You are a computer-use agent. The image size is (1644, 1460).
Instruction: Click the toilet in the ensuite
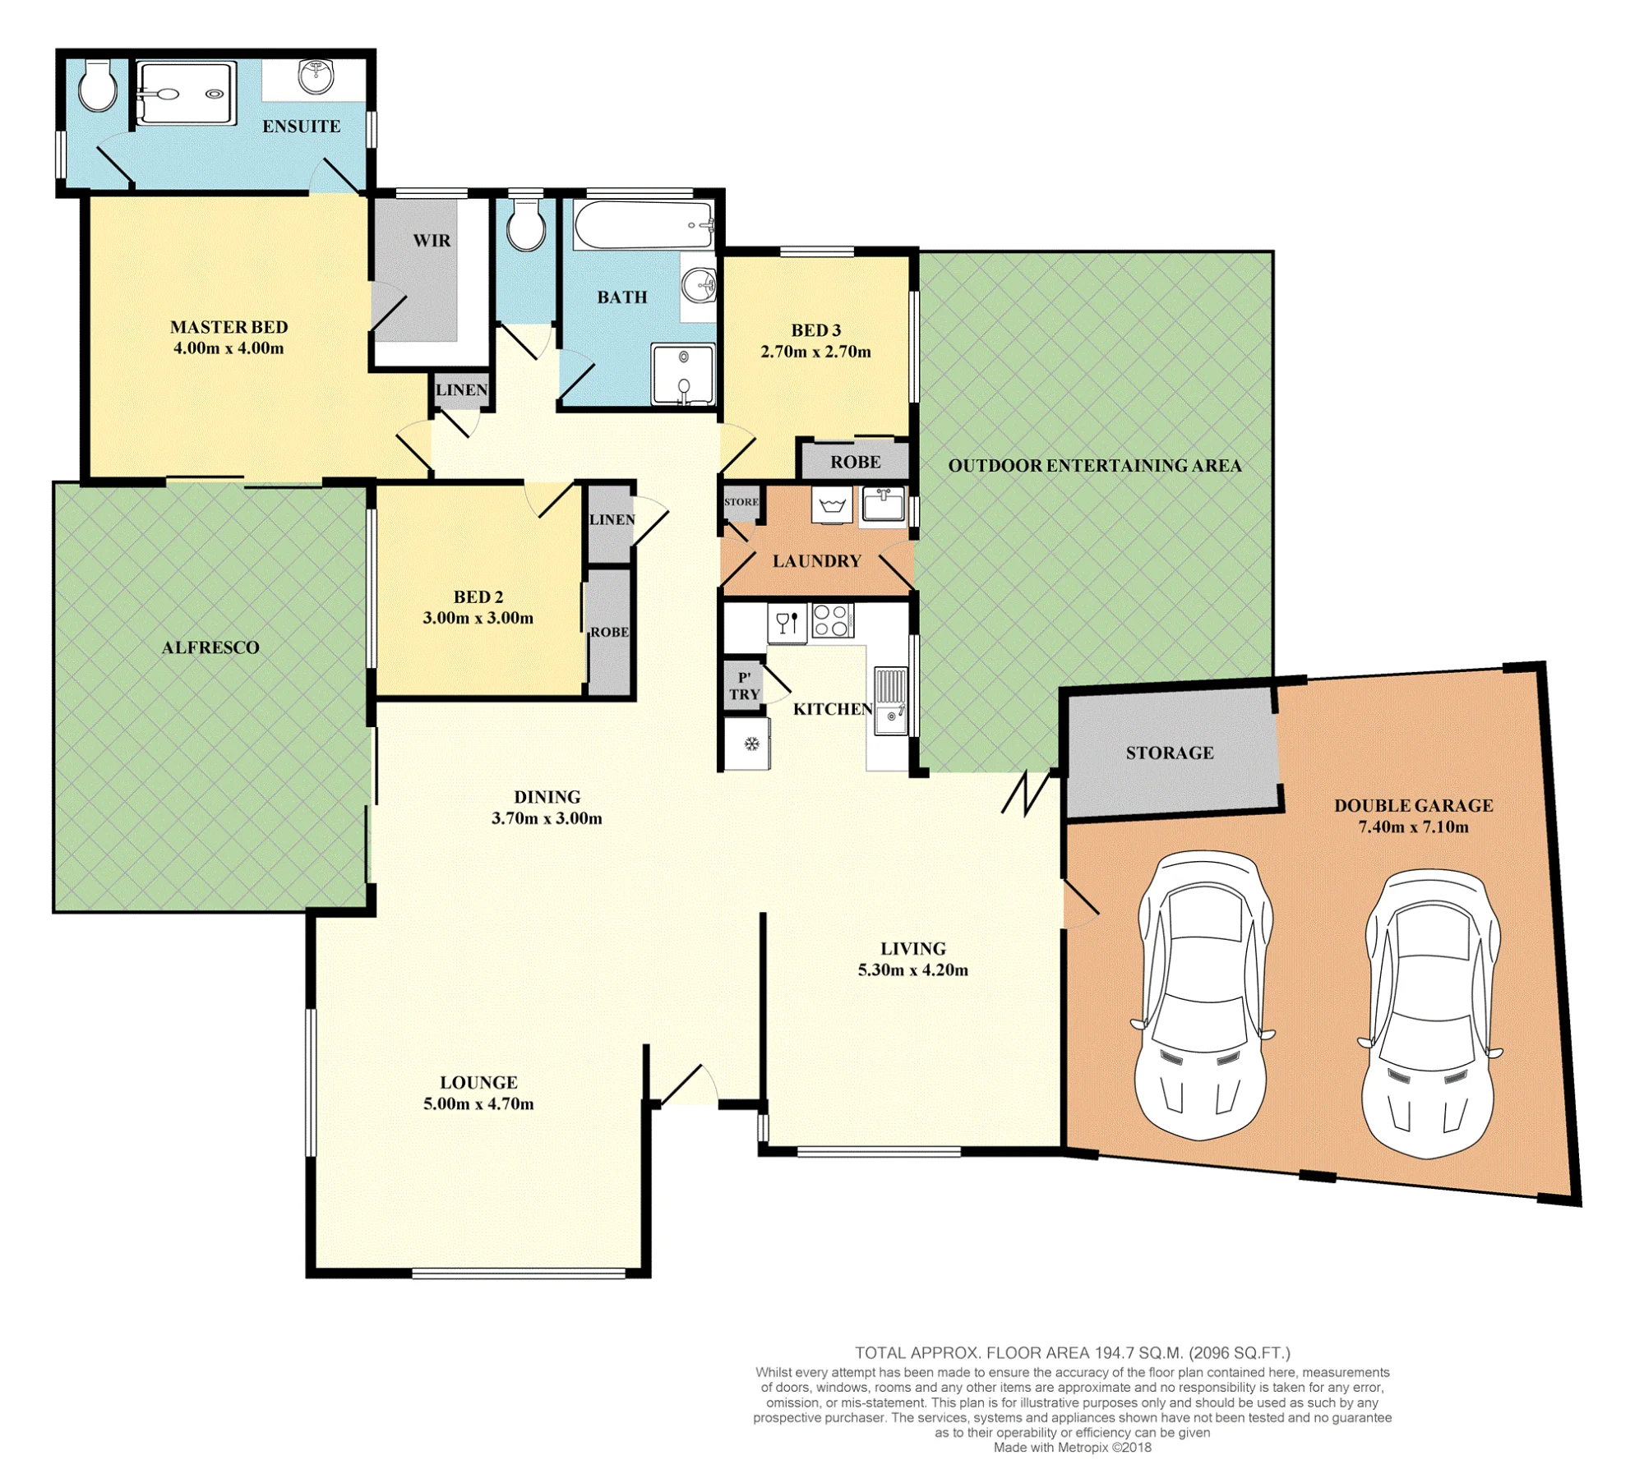pyautogui.click(x=97, y=85)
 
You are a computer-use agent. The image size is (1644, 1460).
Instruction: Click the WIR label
pyautogui.click(x=432, y=241)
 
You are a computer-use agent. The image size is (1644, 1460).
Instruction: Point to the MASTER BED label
pyautogui.click(x=229, y=327)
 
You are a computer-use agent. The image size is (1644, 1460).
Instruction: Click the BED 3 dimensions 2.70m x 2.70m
pyautogui.click(x=815, y=352)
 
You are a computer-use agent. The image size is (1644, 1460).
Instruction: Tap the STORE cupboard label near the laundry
pyautogui.click(x=741, y=502)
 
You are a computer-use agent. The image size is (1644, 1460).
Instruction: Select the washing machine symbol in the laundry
pyautogui.click(x=832, y=504)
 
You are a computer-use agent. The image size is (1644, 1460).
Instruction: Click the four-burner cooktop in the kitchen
pyautogui.click(x=833, y=620)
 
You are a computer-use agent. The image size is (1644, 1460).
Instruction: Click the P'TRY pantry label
pyautogui.click(x=745, y=686)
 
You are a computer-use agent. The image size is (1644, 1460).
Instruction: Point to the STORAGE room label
pyautogui.click(x=1170, y=753)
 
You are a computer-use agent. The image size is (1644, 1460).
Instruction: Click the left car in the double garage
pyautogui.click(x=1202, y=995)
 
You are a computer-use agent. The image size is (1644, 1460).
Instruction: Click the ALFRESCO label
pyautogui.click(x=210, y=647)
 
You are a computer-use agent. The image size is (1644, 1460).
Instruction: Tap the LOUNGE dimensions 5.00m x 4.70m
pyautogui.click(x=478, y=1103)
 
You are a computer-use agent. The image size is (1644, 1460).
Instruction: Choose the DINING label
pyautogui.click(x=547, y=797)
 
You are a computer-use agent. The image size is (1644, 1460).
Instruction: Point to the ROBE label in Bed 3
pyautogui.click(x=856, y=462)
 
